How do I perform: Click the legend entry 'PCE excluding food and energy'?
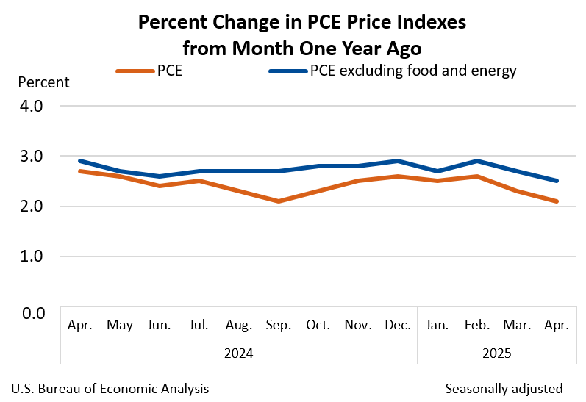coord(393,71)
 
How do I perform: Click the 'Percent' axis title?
coord(43,82)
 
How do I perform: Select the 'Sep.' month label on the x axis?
coord(277,325)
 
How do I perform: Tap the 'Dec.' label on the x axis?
coord(397,325)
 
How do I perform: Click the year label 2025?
coord(497,353)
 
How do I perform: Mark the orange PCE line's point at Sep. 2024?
coord(277,201)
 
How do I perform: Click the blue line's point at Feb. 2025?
coord(477,161)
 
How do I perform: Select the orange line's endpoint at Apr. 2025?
coord(557,201)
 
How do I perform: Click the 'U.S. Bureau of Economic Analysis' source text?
coord(110,388)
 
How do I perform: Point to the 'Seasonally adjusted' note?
coord(504,388)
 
